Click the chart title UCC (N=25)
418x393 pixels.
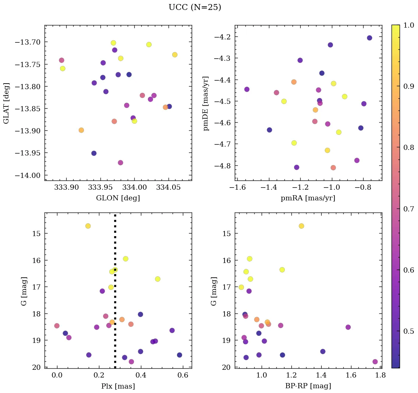tap(195, 7)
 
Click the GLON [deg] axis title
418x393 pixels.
tap(118, 198)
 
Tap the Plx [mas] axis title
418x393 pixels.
tap(118, 386)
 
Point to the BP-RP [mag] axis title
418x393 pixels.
tap(308, 386)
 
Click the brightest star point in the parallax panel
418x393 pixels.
tap(88, 226)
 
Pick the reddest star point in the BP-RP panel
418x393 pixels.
tap(375, 362)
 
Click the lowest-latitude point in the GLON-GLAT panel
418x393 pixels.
tap(120, 163)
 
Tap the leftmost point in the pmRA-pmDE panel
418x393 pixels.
tap(247, 89)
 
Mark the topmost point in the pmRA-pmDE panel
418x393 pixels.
tap(369, 38)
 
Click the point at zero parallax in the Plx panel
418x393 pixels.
tap(57, 326)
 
